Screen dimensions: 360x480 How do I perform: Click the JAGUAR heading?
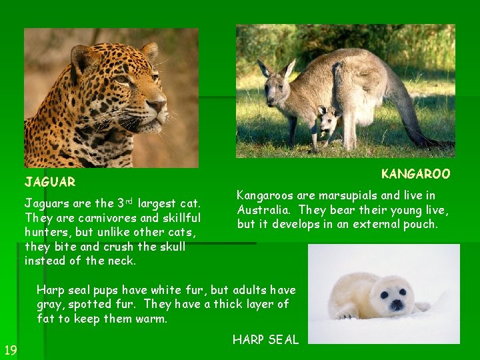point(50,181)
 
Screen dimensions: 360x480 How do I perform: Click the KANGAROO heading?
point(415,174)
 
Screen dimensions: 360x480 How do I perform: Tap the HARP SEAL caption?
point(265,339)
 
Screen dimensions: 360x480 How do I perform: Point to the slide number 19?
point(10,350)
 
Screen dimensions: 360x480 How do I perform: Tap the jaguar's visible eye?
point(124,79)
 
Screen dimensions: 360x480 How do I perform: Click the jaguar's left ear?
point(83,58)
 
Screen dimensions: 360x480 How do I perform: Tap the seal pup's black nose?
point(397,304)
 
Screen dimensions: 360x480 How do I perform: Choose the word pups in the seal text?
point(99,290)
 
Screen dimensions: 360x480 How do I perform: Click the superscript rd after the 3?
point(129,200)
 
